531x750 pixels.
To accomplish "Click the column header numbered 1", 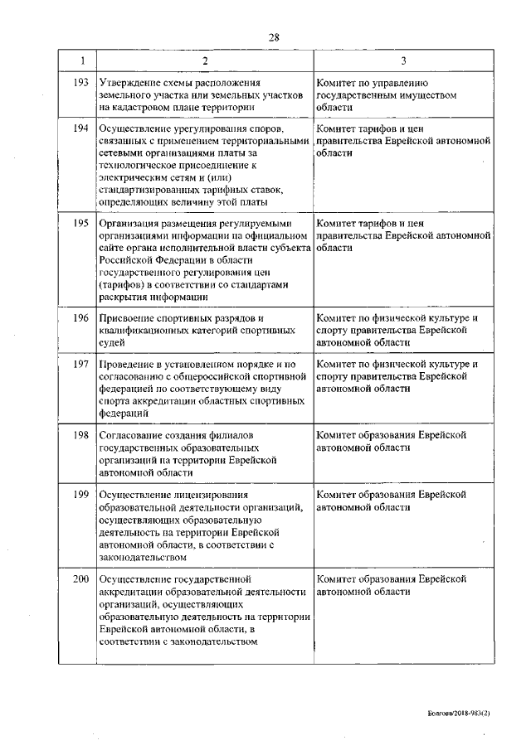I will pyautogui.click(x=80, y=61).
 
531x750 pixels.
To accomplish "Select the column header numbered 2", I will pyautogui.click(x=204, y=61).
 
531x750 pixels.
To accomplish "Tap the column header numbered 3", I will pyautogui.click(x=403, y=61).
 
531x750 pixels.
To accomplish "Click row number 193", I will pyautogui.click(x=80, y=83).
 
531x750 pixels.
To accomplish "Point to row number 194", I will pyautogui.click(x=80, y=129).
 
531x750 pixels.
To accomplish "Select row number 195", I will pyautogui.click(x=80, y=223).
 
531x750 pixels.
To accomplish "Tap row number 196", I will pyautogui.click(x=80, y=317).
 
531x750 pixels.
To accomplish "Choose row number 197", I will pyautogui.click(x=80, y=364).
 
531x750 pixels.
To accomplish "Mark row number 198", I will pyautogui.click(x=80, y=434).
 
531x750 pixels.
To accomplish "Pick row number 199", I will pyautogui.click(x=80, y=494).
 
